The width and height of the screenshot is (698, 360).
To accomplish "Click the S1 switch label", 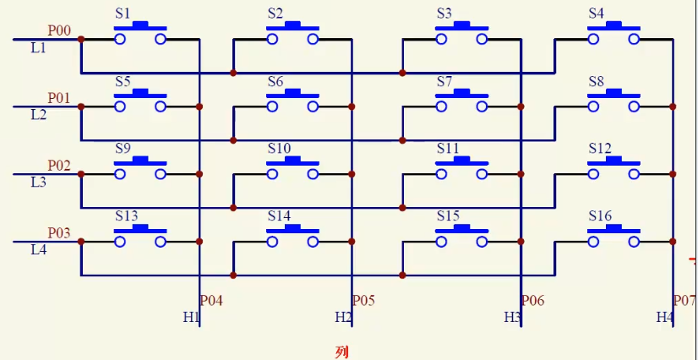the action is pos(123,14).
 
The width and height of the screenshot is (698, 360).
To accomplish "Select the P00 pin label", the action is pos(59,31).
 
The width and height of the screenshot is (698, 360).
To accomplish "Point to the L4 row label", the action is pos(38,250).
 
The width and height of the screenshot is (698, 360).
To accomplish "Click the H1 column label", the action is pos(190,317).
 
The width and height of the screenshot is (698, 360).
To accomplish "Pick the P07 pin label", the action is pos(684,301).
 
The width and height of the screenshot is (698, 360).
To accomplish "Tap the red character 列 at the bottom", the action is pos(341,352).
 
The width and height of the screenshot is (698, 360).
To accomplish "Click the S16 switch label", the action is pos(600,216).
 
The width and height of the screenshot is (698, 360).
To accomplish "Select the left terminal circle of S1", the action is pos(120,40).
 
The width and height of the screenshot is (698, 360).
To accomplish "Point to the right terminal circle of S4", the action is pos(634,40).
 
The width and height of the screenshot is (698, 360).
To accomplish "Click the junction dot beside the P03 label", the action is pos(81,242).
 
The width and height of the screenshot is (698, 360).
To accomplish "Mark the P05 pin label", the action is pos(363,301).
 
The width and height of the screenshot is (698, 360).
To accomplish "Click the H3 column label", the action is pos(512,317).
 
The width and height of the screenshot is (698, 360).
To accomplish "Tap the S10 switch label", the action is pos(279,149).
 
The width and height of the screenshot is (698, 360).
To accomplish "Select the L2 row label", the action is pos(38,115).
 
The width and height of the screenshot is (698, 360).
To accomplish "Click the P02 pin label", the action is pos(59,166).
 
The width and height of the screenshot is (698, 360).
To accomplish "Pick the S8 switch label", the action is pos(596,81).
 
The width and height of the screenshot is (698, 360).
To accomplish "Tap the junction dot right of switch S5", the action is pos(199,106).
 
